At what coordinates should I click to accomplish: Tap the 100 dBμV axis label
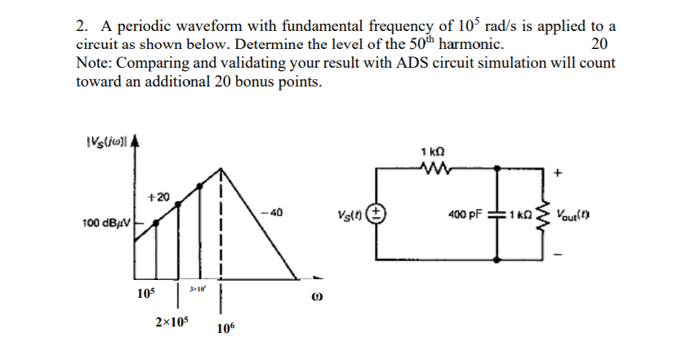(107, 223)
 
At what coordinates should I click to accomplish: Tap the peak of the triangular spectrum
(221, 169)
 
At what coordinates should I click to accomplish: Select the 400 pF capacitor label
(466, 215)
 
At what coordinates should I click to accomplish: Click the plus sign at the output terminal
(559, 174)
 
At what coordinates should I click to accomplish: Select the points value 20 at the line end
(599, 44)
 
